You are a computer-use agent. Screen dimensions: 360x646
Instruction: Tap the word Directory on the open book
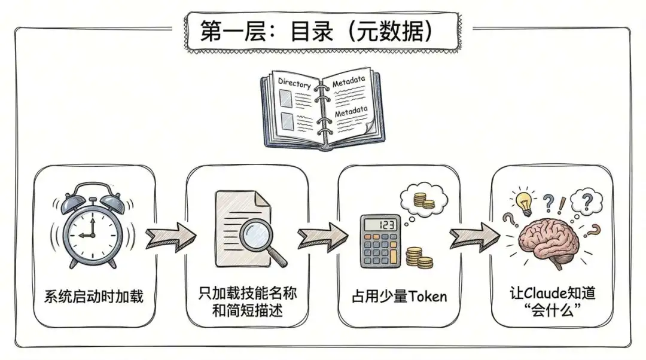pos(294,84)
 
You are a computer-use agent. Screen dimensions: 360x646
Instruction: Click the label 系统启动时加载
pos(94,295)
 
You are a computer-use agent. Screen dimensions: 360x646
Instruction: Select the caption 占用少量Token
pos(399,296)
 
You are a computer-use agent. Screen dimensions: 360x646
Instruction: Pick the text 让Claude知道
pos(553,294)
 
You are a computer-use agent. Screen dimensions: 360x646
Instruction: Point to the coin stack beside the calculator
pos(419,258)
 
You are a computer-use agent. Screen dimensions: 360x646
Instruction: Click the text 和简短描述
pos(247,312)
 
